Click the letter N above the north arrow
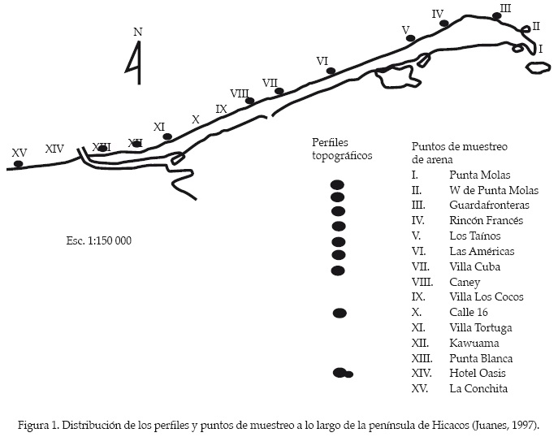138,32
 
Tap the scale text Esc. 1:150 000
98,241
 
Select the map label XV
19,152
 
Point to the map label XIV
54,149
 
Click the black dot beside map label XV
19,164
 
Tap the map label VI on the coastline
322,61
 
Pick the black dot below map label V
411,38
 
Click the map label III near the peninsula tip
505,8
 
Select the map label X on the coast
195,119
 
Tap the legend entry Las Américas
482,252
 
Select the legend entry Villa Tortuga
481,327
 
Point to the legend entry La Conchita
478,388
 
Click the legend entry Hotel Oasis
478,373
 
